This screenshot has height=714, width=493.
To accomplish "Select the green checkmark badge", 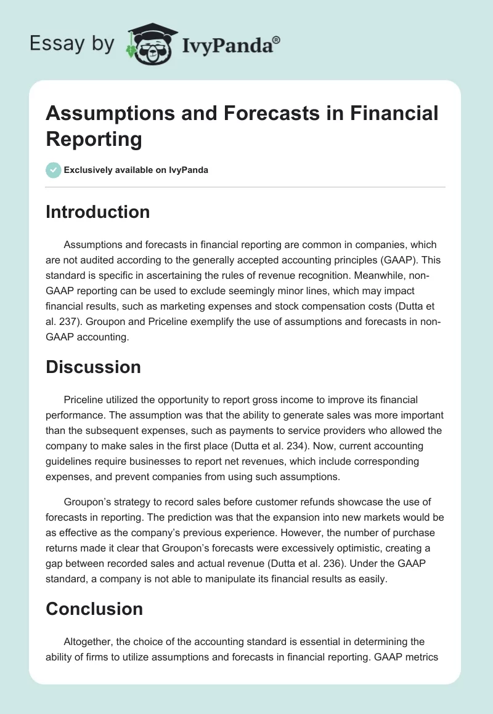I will (54, 170).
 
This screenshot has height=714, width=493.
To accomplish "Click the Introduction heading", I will (98, 212).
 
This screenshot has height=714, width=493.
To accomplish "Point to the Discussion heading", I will (93, 367).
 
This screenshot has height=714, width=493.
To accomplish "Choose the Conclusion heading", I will (94, 609).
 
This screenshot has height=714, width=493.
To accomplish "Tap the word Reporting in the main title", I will (94, 138).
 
